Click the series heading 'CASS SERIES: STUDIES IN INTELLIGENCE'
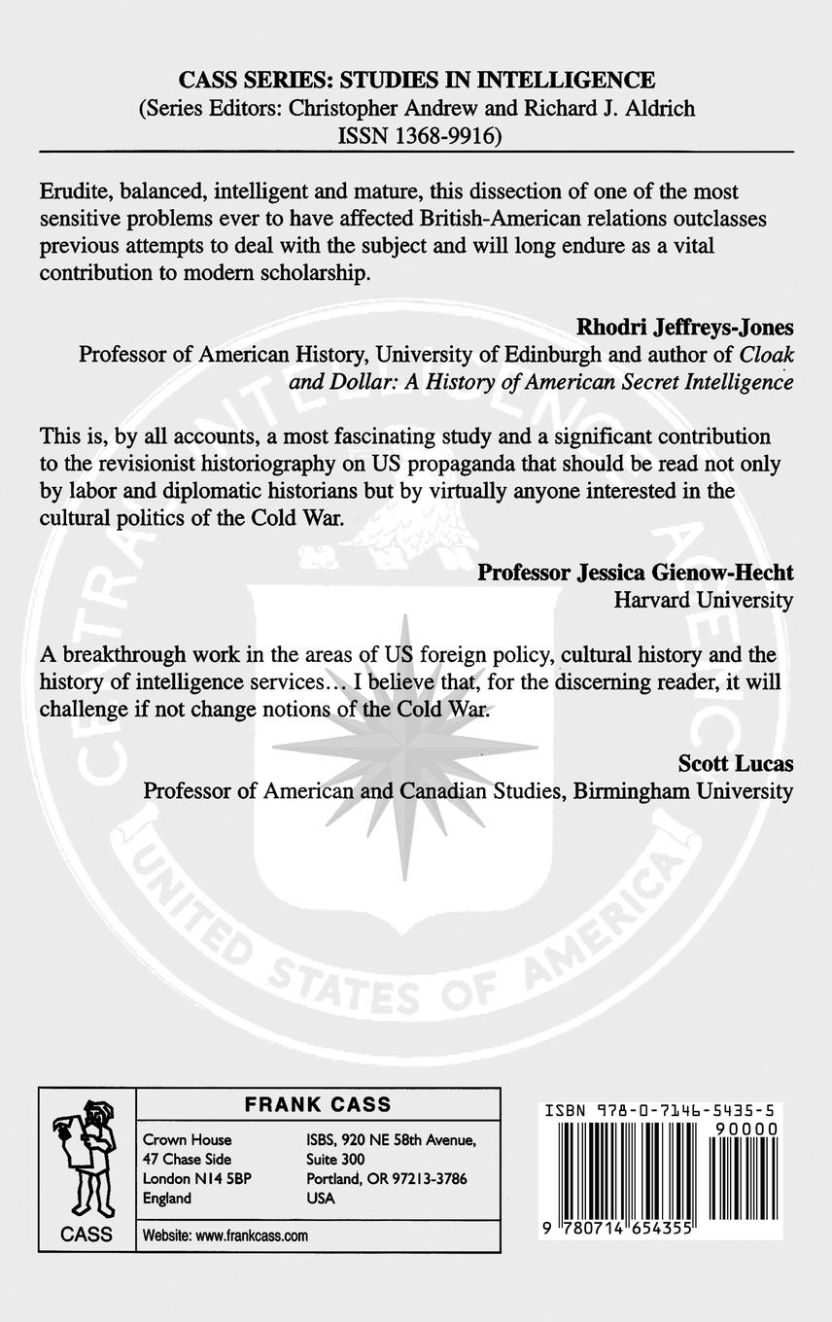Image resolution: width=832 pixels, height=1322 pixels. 416,80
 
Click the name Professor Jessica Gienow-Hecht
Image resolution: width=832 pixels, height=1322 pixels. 635,573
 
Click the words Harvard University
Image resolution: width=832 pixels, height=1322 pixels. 703,601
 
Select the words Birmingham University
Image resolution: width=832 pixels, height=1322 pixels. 682,791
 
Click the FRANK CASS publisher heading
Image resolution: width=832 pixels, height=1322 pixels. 318,1104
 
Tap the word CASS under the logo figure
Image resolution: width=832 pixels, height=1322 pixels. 86,1235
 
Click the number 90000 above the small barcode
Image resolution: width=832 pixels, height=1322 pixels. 745,1128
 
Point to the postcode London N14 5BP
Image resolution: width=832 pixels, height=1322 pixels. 188,1179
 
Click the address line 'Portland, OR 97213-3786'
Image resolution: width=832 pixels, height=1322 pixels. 386,1179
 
